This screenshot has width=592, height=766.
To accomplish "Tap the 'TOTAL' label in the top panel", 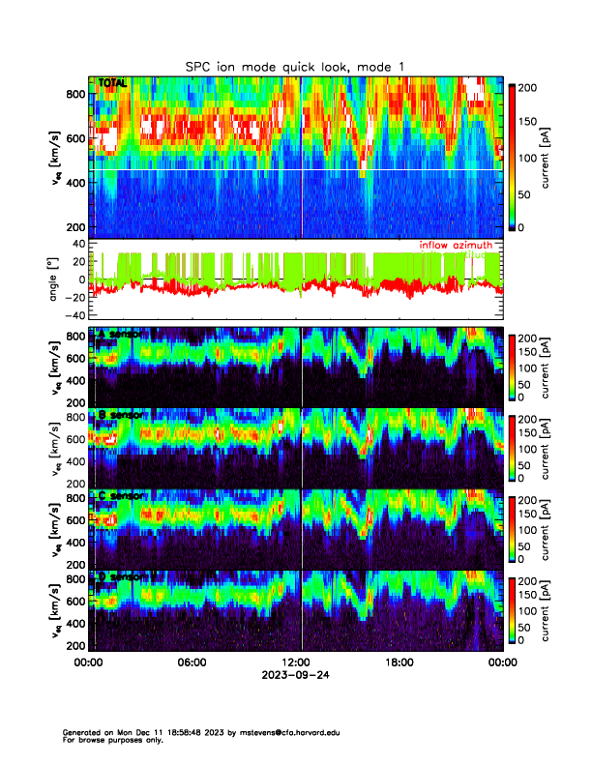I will [x=113, y=83].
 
